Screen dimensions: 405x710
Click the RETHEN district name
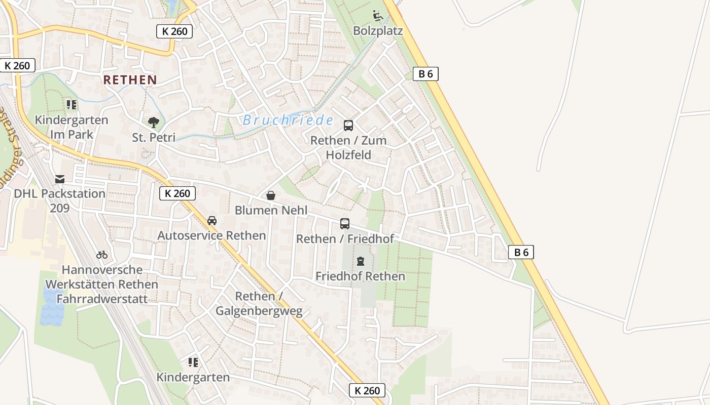pyautogui.click(x=130, y=79)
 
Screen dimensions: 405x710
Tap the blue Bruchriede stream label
pyautogui.click(x=288, y=120)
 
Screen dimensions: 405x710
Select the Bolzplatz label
pyautogui.click(x=378, y=31)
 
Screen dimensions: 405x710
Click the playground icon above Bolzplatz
pyautogui.click(x=378, y=16)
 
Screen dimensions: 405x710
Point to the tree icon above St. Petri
pyautogui.click(x=154, y=122)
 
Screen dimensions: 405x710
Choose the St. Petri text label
pyautogui.click(x=154, y=137)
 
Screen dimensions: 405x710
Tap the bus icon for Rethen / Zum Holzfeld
pyautogui.click(x=348, y=126)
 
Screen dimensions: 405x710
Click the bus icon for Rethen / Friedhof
pyautogui.click(x=345, y=223)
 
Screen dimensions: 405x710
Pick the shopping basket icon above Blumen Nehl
pyautogui.click(x=271, y=195)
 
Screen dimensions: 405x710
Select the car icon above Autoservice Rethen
pyautogui.click(x=212, y=221)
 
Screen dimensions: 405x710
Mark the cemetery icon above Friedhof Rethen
pyautogui.click(x=361, y=261)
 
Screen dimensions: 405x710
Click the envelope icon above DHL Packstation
pyautogui.click(x=60, y=179)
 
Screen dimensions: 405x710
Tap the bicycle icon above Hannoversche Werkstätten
pyautogui.click(x=102, y=255)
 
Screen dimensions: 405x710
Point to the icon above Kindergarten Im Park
pyautogui.click(x=72, y=105)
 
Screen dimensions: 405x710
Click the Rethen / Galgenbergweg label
pyautogui.click(x=259, y=303)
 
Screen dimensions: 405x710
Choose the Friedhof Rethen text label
pyautogui.click(x=360, y=276)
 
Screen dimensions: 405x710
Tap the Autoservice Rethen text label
pyautogui.click(x=211, y=235)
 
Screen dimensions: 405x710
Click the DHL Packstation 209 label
pyautogui.click(x=59, y=200)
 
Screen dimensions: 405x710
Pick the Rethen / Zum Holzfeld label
pyautogui.click(x=348, y=147)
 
